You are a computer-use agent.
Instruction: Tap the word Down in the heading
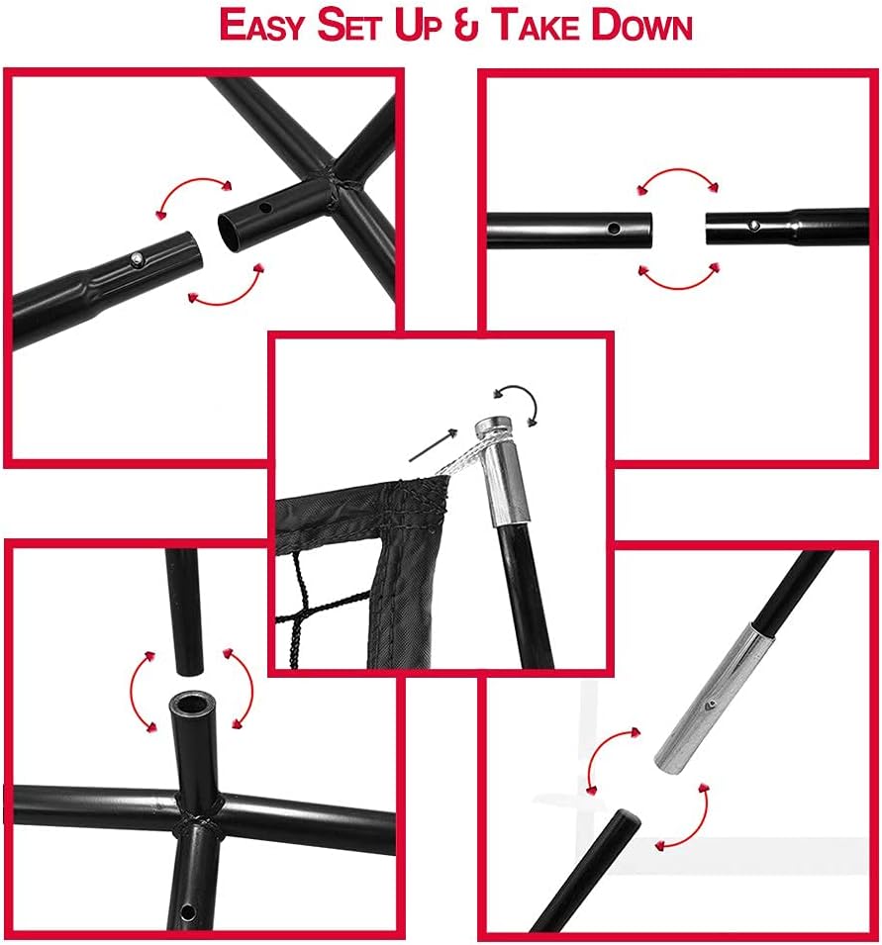641,25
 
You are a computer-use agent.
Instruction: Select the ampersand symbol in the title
466,26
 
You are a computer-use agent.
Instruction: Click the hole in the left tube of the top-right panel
614,229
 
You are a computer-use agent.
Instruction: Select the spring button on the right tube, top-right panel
753,226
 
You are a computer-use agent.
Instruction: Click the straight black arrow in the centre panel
433,445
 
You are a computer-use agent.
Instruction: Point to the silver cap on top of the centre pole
493,426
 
